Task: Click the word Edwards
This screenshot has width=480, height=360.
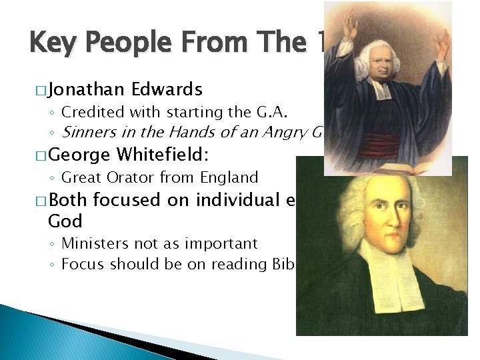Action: click(167, 89)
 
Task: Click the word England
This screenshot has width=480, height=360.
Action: click(229, 177)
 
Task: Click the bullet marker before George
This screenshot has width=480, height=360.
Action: click(37, 156)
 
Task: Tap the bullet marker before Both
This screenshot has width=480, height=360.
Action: click(37, 201)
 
